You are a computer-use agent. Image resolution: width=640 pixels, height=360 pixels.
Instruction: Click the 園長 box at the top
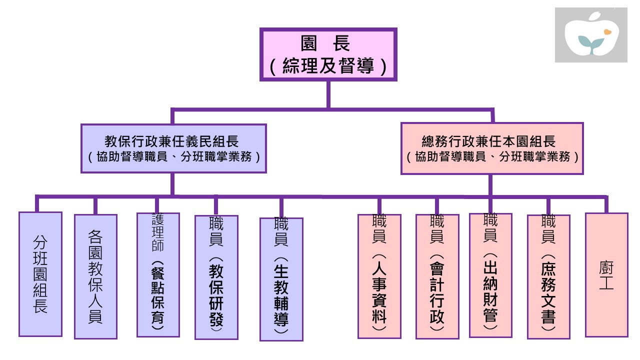[328, 54]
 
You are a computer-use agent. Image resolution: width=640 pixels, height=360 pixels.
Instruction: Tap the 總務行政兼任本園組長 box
[492, 148]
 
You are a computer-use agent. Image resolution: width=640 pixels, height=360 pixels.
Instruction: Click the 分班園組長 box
[40, 274]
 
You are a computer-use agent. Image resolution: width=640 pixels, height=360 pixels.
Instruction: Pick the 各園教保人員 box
[95, 276]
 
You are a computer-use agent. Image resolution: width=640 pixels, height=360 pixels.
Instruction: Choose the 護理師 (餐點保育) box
[158, 275]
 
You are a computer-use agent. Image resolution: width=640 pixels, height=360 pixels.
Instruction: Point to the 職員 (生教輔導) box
[281, 279]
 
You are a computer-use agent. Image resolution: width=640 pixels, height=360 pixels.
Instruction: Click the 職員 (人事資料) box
[379, 276]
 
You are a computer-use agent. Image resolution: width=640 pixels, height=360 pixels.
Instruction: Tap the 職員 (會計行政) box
[437, 276]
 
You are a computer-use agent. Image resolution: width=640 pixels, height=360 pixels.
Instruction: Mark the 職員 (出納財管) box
[490, 275]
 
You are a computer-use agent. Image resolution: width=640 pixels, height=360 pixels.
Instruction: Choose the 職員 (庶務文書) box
[548, 277]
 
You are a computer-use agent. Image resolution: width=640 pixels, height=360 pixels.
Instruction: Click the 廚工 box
[606, 275]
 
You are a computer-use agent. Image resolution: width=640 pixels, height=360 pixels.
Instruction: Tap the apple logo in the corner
[591, 35]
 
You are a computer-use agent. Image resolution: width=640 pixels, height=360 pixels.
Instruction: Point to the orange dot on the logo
[607, 32]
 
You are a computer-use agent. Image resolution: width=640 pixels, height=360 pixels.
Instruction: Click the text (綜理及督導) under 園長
[328, 66]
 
